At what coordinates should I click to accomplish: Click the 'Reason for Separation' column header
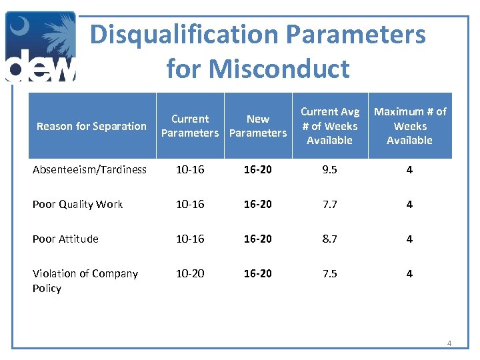[91, 126]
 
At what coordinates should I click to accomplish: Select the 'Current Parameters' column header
[190, 126]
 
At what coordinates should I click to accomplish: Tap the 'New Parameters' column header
[258, 126]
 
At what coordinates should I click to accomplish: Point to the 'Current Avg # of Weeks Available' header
[329, 126]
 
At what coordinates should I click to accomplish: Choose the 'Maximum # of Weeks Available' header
[409, 126]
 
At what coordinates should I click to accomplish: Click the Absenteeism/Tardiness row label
[89, 169]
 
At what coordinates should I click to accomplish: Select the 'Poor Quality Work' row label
[77, 204]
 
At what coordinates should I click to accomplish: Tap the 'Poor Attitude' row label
[65, 239]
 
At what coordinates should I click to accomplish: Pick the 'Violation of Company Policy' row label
[85, 281]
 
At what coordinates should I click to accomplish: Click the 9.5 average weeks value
[329, 169]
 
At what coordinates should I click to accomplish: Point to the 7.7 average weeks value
[329, 204]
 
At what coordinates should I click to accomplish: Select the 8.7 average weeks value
[329, 239]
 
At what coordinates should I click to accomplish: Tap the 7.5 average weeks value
[329, 273]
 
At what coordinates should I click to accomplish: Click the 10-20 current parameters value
[190, 273]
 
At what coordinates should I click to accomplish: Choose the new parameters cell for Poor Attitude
[258, 239]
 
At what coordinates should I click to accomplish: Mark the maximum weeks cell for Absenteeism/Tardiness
[409, 169]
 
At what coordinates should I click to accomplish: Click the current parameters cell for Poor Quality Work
[190, 204]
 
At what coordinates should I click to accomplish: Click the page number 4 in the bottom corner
[449, 343]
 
